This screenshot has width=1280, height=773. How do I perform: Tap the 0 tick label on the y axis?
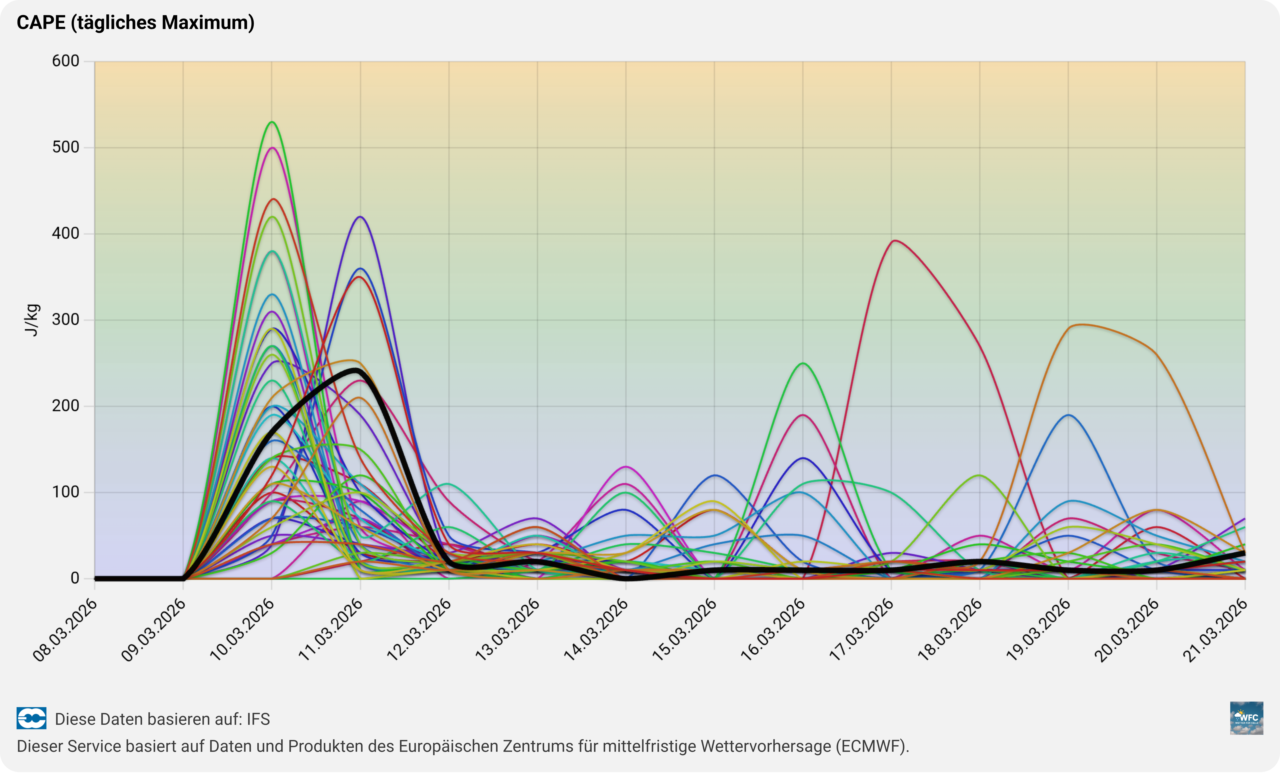pyautogui.click(x=75, y=578)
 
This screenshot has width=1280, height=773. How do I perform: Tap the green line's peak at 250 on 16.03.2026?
pyautogui.click(x=803, y=363)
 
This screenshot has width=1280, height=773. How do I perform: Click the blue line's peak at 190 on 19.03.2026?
pyautogui.click(x=1068, y=415)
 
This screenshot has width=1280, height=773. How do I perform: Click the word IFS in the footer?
pyautogui.click(x=258, y=719)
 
